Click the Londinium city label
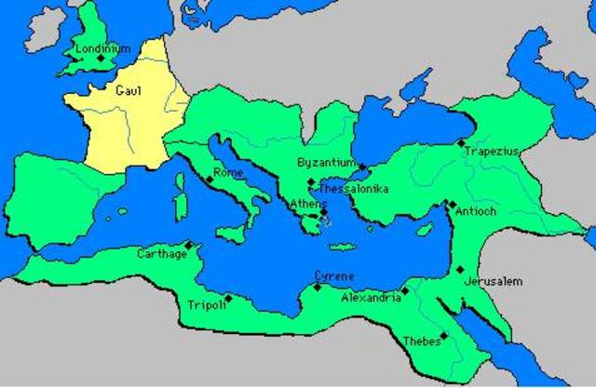tap(104, 47)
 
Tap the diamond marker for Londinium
tap(102, 59)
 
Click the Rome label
tap(228, 172)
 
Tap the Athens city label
tap(308, 204)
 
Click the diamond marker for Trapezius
tap(460, 142)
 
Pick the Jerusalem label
tap(494, 280)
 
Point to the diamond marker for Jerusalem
tap(460, 270)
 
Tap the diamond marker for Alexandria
tap(405, 291)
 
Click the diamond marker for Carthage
tap(189, 246)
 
